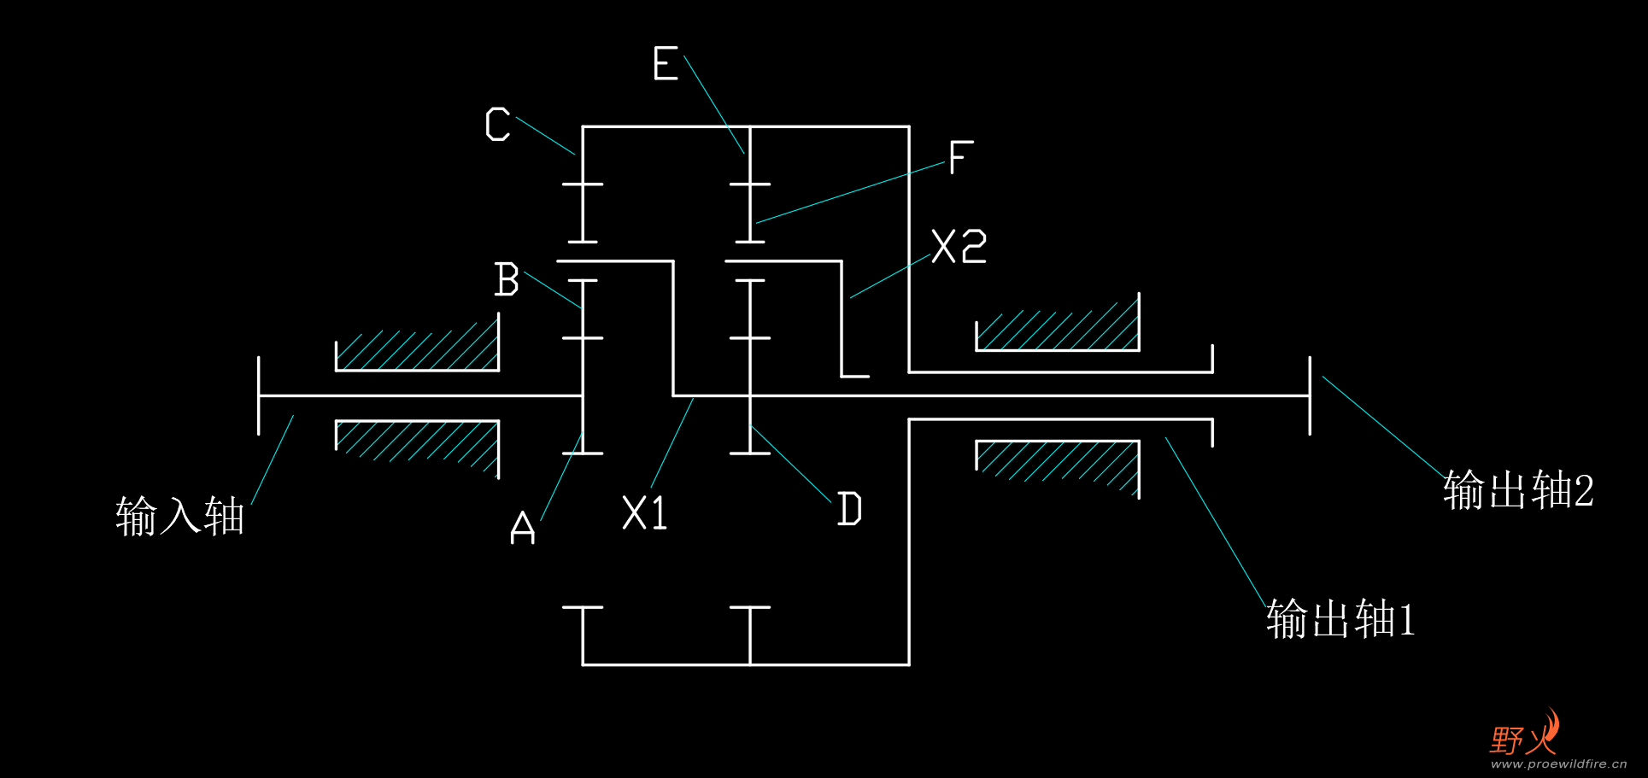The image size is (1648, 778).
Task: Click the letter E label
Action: point(666,64)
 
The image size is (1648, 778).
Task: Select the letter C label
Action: point(498,125)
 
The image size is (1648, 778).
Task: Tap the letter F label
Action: point(961,157)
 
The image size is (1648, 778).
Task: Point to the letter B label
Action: point(507,279)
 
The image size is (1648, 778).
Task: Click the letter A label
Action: point(523,527)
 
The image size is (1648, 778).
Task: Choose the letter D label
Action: point(849,509)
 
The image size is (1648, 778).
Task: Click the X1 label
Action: point(645,513)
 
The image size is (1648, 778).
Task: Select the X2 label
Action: point(959,247)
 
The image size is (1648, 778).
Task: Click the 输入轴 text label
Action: point(180,517)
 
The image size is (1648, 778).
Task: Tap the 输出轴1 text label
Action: point(1340,619)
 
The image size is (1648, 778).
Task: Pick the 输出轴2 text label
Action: point(1518,490)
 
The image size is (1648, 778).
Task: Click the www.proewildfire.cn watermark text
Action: point(1559,764)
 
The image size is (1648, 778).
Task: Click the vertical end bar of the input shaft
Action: point(259,396)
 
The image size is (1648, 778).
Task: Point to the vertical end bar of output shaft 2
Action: point(1310,396)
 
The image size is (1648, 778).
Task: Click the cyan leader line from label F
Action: point(851,193)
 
